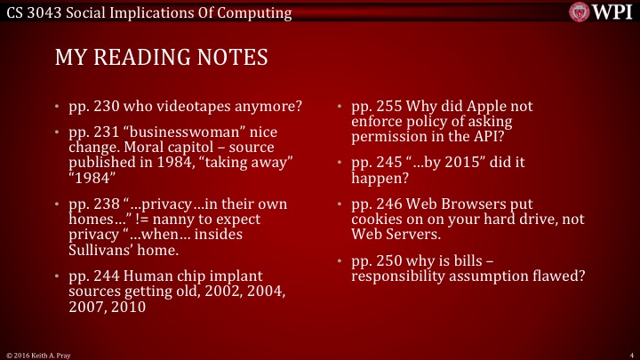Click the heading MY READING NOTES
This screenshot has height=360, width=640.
pos(161,59)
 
